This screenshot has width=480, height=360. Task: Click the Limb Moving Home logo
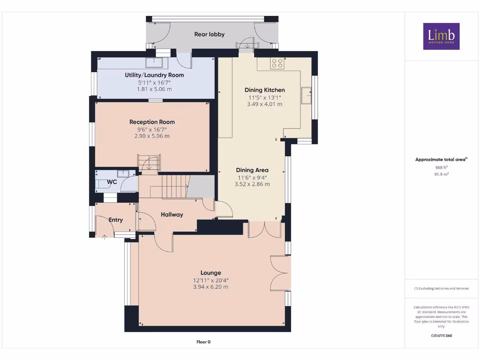pyautogui.click(x=441, y=36)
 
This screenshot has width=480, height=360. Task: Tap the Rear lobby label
pyautogui.click(x=210, y=34)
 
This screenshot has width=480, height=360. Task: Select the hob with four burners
pyautogui.click(x=277, y=63)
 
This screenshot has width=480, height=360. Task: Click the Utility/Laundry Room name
pyautogui.click(x=154, y=75)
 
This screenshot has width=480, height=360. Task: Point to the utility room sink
pyautogui.click(x=154, y=62)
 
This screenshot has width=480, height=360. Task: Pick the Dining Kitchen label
pyautogui.click(x=265, y=90)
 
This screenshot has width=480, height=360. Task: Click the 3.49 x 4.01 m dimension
pyautogui.click(x=265, y=104)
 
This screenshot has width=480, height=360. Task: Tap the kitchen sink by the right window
pyautogui.click(x=306, y=96)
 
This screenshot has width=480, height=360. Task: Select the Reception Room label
pyautogui.click(x=152, y=122)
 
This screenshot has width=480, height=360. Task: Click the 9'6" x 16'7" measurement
pyautogui.click(x=152, y=129)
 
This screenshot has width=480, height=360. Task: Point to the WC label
pyautogui.click(x=112, y=182)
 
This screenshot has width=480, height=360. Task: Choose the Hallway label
pyautogui.click(x=172, y=215)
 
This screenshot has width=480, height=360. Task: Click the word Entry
pyautogui.click(x=116, y=220)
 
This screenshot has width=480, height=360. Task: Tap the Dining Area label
pyautogui.click(x=252, y=170)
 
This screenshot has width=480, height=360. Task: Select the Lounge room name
pyautogui.click(x=210, y=273)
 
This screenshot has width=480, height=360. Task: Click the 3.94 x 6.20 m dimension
pyautogui.click(x=210, y=287)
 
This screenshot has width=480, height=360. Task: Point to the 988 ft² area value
pyautogui.click(x=442, y=167)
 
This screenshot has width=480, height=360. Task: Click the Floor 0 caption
pyautogui.click(x=203, y=342)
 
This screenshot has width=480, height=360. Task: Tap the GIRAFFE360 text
pyautogui.click(x=442, y=336)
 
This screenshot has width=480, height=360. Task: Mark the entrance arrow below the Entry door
pyautogui.click(x=105, y=237)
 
